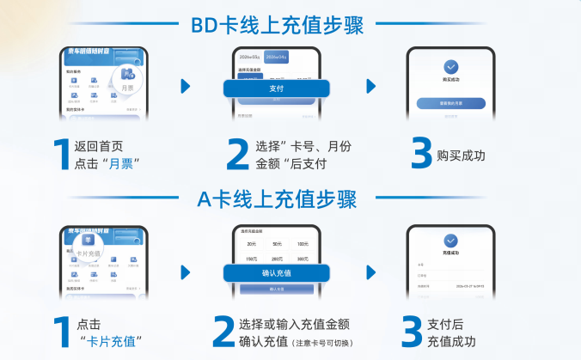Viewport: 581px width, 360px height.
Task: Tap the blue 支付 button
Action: (277, 88)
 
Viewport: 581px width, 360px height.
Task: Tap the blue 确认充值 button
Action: (276, 272)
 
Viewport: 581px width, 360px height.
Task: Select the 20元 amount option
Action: (252, 244)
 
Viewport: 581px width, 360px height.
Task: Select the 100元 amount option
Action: (302, 244)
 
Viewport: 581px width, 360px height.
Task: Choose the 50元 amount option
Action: (277, 244)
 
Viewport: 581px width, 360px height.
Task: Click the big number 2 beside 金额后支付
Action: (236, 155)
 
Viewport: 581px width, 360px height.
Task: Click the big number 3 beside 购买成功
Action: (421, 155)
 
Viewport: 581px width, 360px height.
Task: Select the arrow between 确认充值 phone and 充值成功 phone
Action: (370, 273)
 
